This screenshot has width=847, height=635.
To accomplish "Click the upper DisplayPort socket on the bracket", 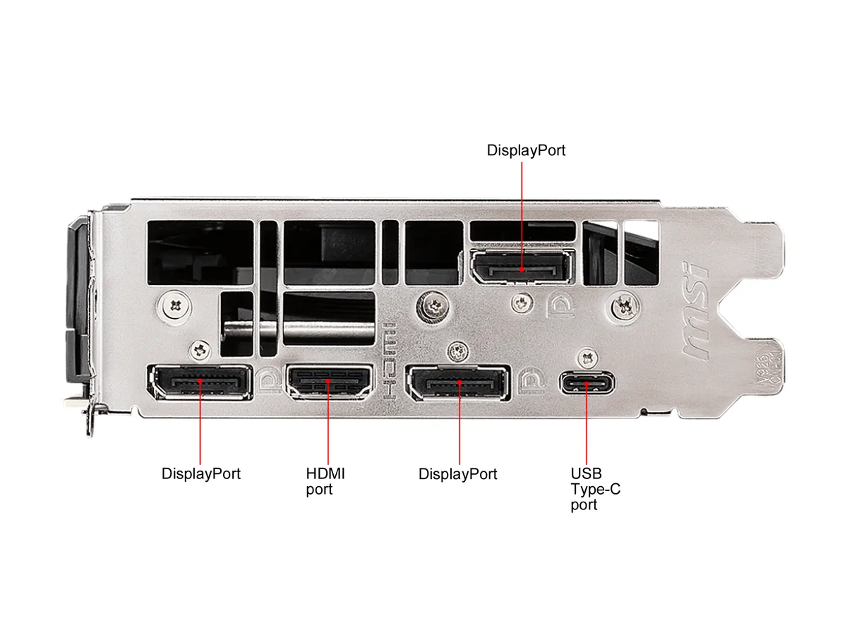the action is (x=522, y=267).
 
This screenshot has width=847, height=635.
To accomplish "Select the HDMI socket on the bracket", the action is (x=329, y=382).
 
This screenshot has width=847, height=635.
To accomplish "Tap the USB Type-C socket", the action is (x=587, y=382).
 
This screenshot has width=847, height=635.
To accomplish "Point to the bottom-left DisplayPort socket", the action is (x=200, y=381).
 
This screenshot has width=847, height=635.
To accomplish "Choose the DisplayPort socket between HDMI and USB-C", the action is (x=458, y=382).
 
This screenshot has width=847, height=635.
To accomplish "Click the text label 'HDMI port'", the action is (x=325, y=481).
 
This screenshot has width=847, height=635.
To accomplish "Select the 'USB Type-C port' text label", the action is (x=595, y=489).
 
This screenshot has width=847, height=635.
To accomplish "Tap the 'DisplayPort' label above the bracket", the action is (x=526, y=150).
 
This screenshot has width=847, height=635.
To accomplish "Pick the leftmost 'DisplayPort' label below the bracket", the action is (x=200, y=473).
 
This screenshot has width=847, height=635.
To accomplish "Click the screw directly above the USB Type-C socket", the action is (x=588, y=358).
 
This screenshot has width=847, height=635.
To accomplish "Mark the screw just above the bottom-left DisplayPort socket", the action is (x=200, y=350).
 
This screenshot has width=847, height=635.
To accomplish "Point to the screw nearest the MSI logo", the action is (x=625, y=307).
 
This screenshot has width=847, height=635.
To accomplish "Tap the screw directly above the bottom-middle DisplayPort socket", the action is (x=458, y=351).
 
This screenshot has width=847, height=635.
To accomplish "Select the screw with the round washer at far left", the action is (x=176, y=306).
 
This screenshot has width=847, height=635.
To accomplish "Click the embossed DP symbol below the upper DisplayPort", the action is (x=560, y=306).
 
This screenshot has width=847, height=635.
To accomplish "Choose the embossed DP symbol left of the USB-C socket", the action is (x=531, y=381).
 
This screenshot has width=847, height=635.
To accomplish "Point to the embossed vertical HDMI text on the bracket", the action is (x=389, y=361).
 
